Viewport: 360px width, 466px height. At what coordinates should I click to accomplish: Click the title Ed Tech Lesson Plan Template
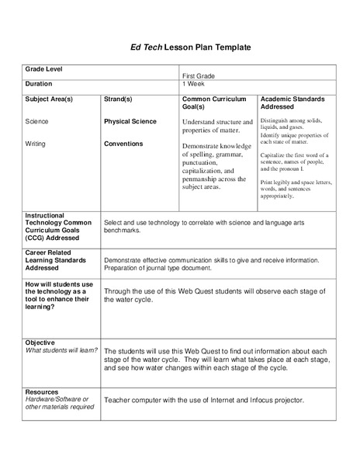[x=179, y=47]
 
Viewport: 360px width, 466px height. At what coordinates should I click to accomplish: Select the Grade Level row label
[x=44, y=69]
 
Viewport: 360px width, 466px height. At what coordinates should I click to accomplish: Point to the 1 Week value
[x=194, y=83]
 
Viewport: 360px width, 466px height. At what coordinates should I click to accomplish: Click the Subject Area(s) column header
[x=49, y=99]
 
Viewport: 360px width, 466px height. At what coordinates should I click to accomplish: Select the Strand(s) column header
[x=118, y=99]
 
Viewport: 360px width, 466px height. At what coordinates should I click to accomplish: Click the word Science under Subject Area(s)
[x=36, y=122]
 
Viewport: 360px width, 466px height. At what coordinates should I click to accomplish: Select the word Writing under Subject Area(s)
[x=36, y=144]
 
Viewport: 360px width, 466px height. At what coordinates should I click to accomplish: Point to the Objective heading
[x=40, y=342]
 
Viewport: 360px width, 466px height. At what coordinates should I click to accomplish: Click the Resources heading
[x=42, y=392]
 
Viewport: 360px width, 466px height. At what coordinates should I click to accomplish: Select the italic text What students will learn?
[x=62, y=349]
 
